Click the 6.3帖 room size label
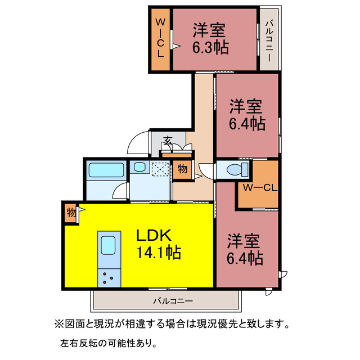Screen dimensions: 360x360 coord(211,47)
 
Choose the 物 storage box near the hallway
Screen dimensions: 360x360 coord(182,169)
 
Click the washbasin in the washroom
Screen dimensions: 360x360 coord(138,167)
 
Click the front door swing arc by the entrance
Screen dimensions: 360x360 coord(137,143)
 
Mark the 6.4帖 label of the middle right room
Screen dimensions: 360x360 coord(247,123)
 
